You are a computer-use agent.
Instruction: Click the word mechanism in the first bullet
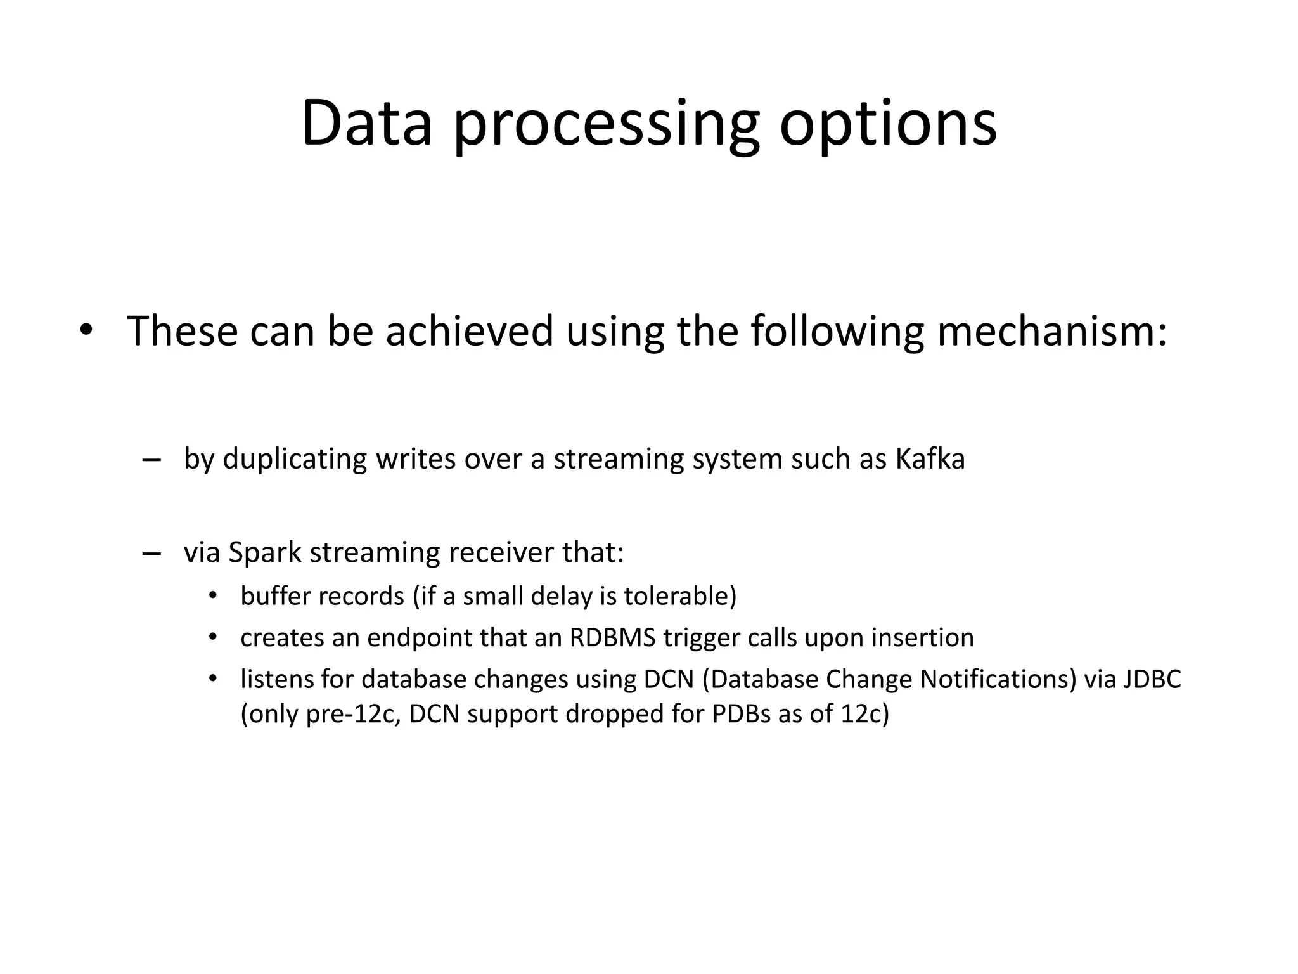coord(1051,331)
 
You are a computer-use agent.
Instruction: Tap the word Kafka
coord(930,458)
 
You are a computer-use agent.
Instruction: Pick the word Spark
coord(265,553)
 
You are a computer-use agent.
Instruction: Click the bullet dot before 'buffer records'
coord(213,597)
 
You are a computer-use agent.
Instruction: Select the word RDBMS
coord(612,637)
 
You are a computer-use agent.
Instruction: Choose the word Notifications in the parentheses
coord(997,679)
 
